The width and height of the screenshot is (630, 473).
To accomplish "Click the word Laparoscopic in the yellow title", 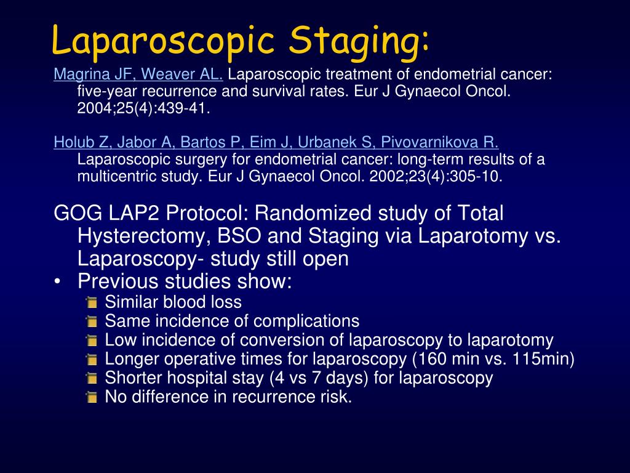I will pyautogui.click(x=162, y=41).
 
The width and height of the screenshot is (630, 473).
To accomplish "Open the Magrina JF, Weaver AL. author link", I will pyautogui.click(x=138, y=75).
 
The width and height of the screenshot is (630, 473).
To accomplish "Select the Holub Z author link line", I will pyautogui.click(x=276, y=143).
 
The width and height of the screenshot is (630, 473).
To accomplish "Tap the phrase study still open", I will pyautogui.click(x=279, y=259).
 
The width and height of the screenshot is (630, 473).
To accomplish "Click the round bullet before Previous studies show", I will pyautogui.click(x=58, y=282).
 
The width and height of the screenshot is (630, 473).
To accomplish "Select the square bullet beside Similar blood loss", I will pyautogui.click(x=92, y=303).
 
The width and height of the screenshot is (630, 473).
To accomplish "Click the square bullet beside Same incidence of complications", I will pyautogui.click(x=92, y=322).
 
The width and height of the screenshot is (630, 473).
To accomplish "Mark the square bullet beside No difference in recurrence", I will pyautogui.click(x=92, y=398).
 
